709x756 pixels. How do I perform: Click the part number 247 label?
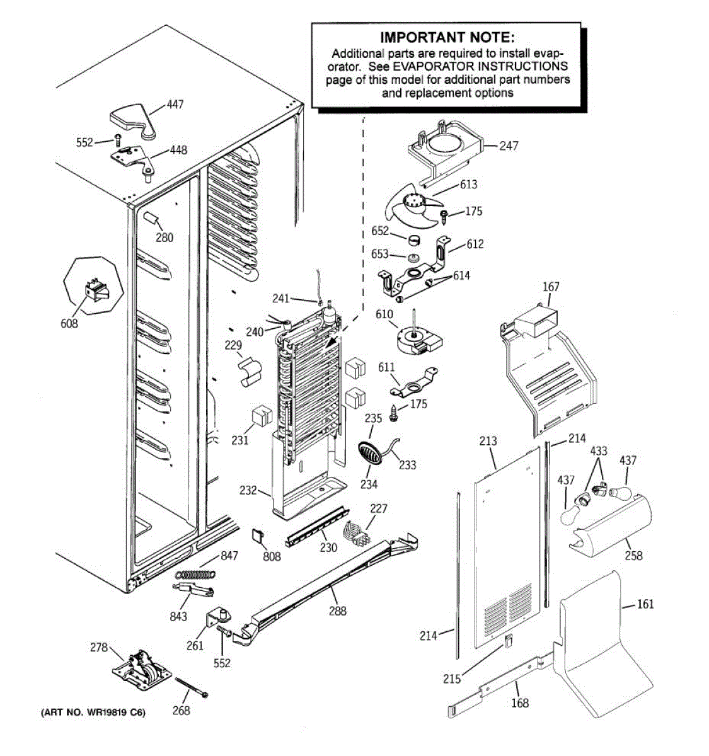click(x=509, y=146)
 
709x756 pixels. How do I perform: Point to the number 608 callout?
click(x=69, y=323)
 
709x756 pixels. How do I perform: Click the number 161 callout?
click(x=645, y=604)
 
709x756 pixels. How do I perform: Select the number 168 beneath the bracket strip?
click(x=520, y=702)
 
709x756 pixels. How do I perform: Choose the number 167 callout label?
click(x=551, y=287)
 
